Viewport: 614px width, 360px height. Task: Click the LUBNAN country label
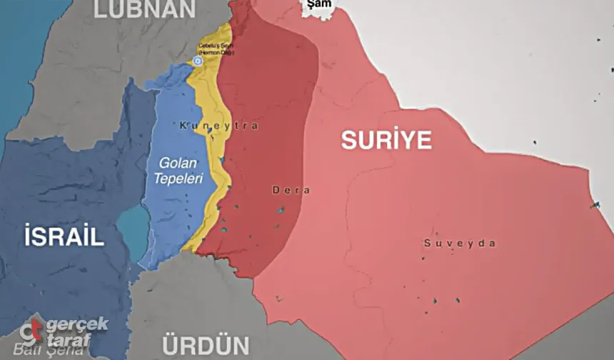pyautogui.click(x=144, y=9)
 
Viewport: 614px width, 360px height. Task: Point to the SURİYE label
pyautogui.click(x=386, y=140)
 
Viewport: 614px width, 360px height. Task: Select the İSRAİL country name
pyautogui.click(x=64, y=237)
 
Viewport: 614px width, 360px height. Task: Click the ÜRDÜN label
pyautogui.click(x=205, y=344)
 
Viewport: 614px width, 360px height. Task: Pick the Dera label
pyautogui.click(x=291, y=191)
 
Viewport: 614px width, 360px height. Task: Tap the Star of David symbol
pyautogui.click(x=198, y=61)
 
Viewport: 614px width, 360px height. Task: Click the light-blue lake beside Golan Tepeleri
pyautogui.click(x=129, y=224)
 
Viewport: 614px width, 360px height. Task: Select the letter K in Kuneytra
pyautogui.click(x=183, y=126)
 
